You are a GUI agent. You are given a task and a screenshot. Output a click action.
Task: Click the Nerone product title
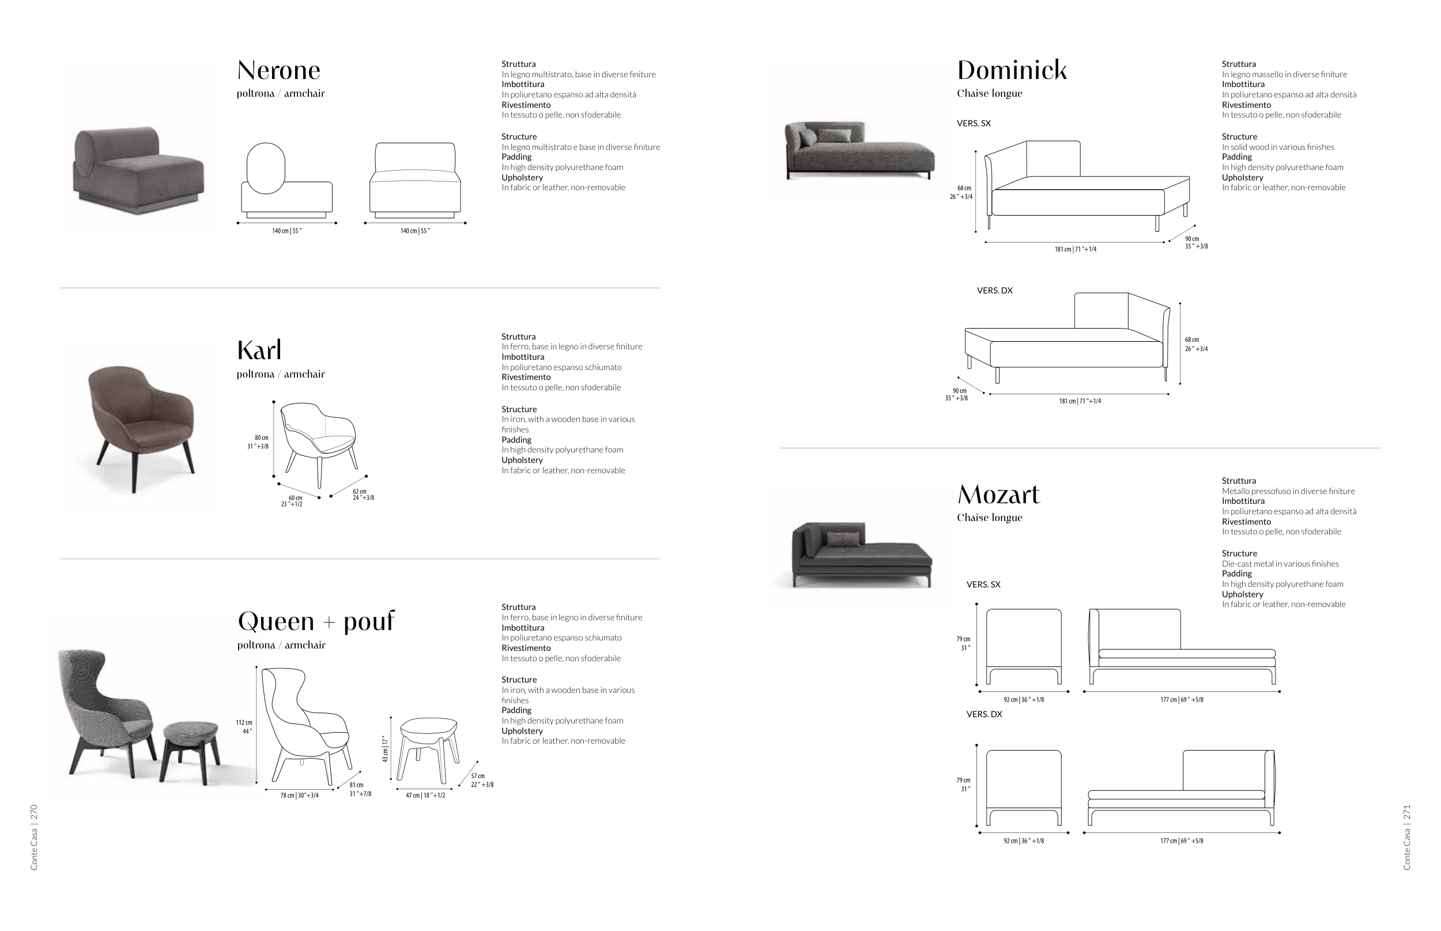(278, 71)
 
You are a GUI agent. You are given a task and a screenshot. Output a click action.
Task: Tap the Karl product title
(259, 350)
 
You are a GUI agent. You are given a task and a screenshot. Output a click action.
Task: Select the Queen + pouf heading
(315, 621)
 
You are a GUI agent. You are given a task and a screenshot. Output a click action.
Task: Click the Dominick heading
(1011, 71)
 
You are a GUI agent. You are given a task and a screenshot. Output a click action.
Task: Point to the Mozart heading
(998, 495)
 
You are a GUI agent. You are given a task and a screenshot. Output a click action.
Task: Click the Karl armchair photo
(140, 426)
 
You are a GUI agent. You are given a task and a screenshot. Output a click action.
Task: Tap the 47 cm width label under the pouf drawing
(425, 796)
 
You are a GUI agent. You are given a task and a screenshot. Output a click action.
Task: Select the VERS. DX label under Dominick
(994, 291)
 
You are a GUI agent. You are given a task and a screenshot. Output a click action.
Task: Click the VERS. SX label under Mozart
(983, 585)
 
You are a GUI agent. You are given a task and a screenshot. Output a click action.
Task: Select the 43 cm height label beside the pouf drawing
(385, 748)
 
